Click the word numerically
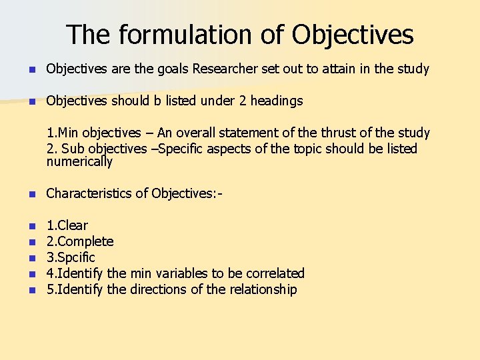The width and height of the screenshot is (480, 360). (79, 162)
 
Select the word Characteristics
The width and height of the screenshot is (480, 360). (89, 193)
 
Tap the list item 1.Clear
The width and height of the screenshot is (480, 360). (67, 225)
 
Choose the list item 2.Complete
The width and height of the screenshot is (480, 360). (80, 241)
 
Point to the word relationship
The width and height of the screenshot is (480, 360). (263, 289)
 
